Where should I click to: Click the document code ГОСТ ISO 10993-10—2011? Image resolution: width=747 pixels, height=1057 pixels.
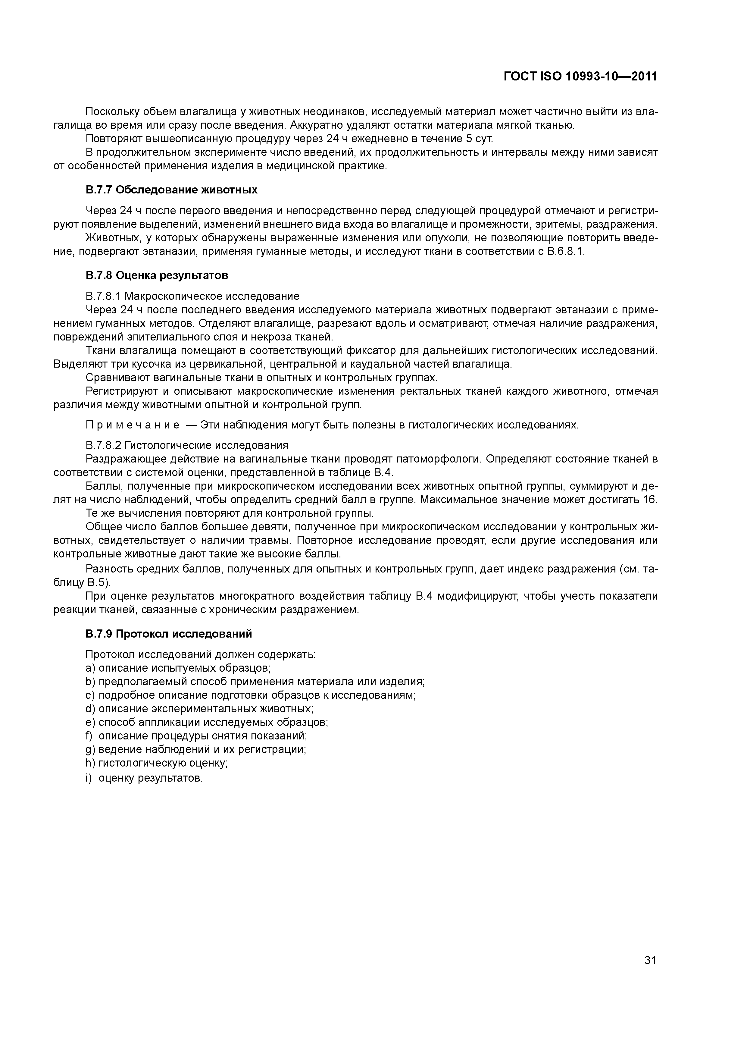click(x=580, y=77)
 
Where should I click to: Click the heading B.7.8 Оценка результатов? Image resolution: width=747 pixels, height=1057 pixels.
click(x=157, y=275)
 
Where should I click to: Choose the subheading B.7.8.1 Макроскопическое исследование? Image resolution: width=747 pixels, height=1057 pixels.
click(x=192, y=296)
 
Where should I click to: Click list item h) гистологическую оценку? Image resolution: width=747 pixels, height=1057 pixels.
click(x=157, y=763)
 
